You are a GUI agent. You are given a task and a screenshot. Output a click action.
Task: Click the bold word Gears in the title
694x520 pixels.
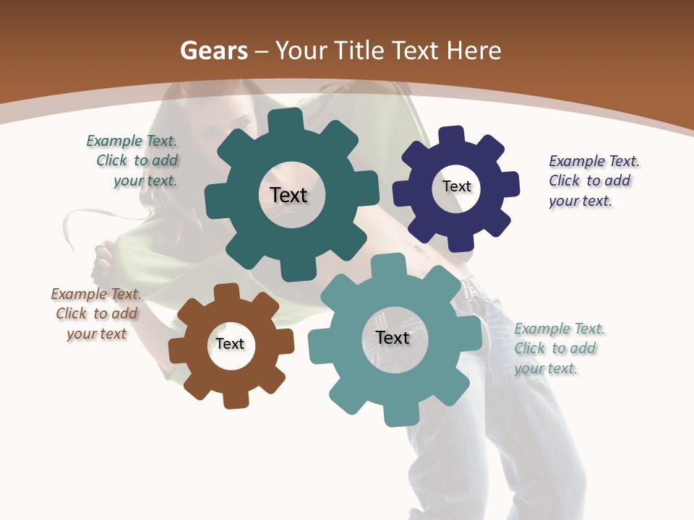tap(213, 51)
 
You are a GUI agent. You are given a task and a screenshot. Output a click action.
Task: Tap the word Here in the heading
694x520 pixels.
tap(474, 51)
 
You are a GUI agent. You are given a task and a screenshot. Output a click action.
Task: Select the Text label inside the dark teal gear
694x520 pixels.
tap(288, 195)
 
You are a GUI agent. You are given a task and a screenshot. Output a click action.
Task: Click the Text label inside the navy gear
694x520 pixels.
tap(456, 186)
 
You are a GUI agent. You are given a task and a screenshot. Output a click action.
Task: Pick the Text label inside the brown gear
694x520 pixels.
tap(230, 344)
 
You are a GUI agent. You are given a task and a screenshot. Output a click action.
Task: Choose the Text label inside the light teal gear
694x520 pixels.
tap(393, 337)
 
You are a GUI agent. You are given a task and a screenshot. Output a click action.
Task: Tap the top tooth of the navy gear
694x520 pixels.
tap(452, 135)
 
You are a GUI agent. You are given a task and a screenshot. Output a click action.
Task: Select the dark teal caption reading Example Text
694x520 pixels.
tap(132, 141)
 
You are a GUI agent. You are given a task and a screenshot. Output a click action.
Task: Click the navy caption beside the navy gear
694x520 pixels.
tap(594, 181)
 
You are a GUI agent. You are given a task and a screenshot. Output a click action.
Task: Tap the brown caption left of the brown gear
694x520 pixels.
tap(96, 313)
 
